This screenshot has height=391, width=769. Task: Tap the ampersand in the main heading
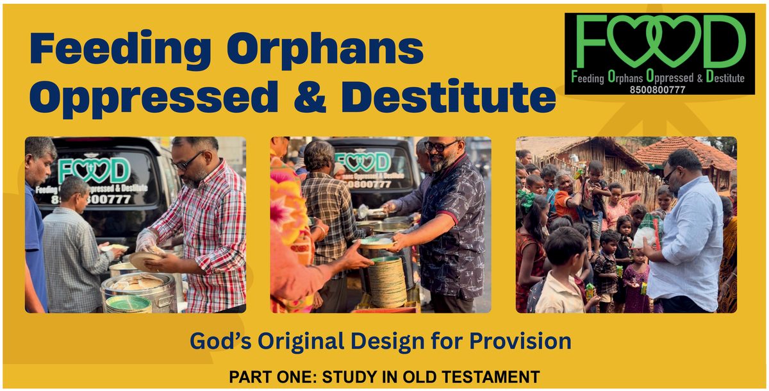pos(310,97)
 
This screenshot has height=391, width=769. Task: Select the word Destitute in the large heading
pos(449,96)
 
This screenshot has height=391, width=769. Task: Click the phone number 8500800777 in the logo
pos(657,90)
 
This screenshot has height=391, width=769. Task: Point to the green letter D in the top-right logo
pos(724,41)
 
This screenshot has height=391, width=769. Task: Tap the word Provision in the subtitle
pos(520,341)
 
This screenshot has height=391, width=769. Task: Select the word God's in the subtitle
pos(220,341)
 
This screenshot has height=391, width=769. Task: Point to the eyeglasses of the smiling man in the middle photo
pos(440,146)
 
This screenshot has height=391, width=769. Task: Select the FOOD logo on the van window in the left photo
pos(94,171)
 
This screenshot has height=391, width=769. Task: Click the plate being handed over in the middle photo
pos(374,243)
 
